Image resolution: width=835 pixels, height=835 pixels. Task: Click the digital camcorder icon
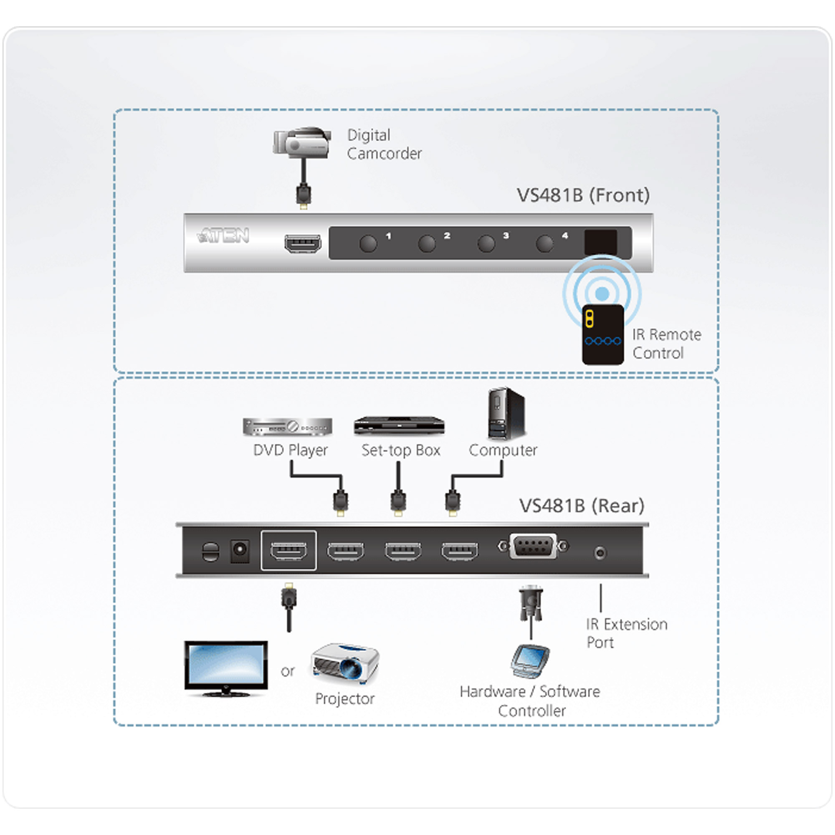[302, 142]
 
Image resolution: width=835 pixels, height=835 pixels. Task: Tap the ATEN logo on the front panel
[223, 235]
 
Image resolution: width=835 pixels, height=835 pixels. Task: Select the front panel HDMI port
[303, 244]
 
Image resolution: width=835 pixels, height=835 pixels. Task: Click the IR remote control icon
[602, 334]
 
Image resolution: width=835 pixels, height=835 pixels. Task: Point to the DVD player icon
[287, 427]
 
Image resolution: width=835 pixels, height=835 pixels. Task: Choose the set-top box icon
[399, 425]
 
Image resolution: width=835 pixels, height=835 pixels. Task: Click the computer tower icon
[506, 413]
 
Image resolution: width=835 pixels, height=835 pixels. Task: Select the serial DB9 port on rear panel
[533, 547]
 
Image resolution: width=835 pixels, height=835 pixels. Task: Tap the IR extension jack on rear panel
[600, 552]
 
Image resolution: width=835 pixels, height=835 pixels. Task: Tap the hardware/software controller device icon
[530, 660]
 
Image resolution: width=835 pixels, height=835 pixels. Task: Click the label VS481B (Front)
[583, 195]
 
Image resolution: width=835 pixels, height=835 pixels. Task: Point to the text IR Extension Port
[626, 633]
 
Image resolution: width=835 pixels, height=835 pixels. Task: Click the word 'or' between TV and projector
[287, 671]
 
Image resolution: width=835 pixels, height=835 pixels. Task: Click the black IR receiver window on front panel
[600, 242]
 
